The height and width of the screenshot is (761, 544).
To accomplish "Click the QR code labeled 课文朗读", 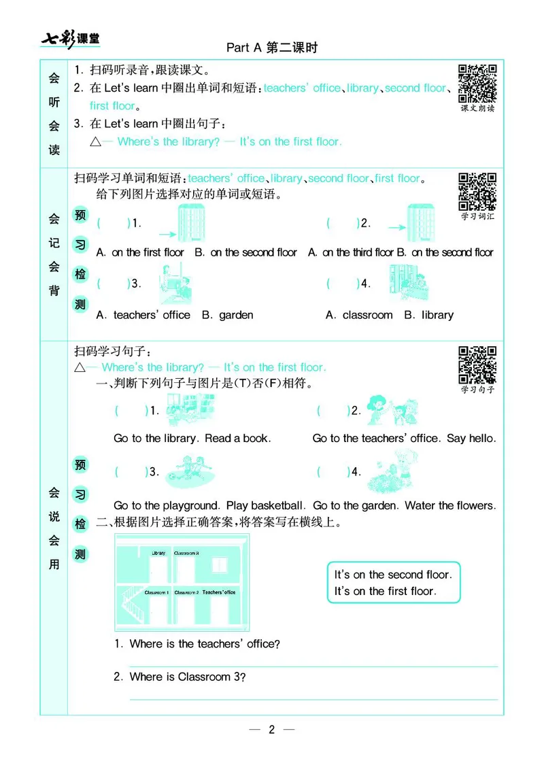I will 477,81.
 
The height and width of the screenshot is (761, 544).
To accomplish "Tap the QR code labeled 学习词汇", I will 477,191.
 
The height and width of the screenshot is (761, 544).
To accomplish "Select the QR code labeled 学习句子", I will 477,365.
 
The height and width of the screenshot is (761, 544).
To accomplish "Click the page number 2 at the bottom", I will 271,730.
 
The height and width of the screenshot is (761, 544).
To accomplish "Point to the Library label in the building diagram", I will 158,553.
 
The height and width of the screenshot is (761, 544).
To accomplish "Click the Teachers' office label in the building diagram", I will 219,592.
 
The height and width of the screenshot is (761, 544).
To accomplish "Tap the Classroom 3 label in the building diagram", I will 186,553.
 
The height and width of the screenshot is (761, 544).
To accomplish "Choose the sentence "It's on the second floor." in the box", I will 392,575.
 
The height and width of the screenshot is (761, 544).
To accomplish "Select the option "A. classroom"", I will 359,315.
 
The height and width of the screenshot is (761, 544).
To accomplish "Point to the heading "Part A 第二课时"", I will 272,48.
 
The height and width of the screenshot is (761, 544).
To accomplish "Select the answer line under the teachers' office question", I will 313,666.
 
